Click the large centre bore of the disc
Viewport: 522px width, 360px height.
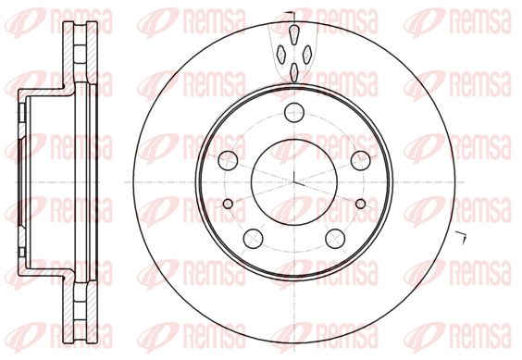[x=294, y=182]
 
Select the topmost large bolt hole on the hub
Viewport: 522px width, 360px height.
[x=294, y=113]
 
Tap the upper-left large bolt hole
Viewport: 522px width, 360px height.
[x=228, y=160]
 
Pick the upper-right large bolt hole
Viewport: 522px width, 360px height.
[x=361, y=160]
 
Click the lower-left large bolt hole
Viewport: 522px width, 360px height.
[x=254, y=239]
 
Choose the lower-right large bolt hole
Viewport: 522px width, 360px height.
[x=335, y=239]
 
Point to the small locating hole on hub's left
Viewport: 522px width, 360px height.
[x=228, y=204]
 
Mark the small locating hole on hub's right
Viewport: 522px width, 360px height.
[x=361, y=204]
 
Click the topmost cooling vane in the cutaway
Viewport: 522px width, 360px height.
[x=294, y=34]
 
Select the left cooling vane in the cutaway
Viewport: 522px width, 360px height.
[x=281, y=54]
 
